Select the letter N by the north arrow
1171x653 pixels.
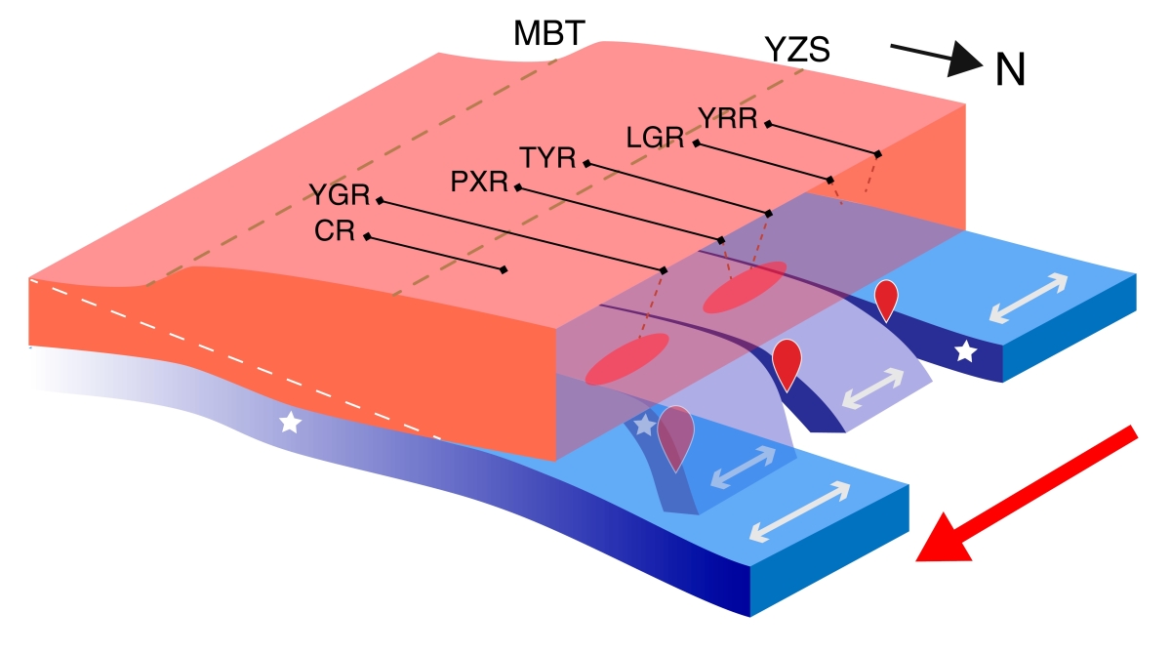[x=1010, y=70]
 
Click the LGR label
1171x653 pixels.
[x=655, y=139]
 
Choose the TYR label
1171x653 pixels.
[x=548, y=158]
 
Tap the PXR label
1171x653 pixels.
[x=481, y=182]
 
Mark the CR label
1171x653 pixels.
[x=335, y=232]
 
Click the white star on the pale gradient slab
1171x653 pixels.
[x=290, y=423]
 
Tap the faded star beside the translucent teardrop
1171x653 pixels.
[x=644, y=426]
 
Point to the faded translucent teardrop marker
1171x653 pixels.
[x=675, y=434]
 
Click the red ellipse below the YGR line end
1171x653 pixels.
[x=626, y=358]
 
